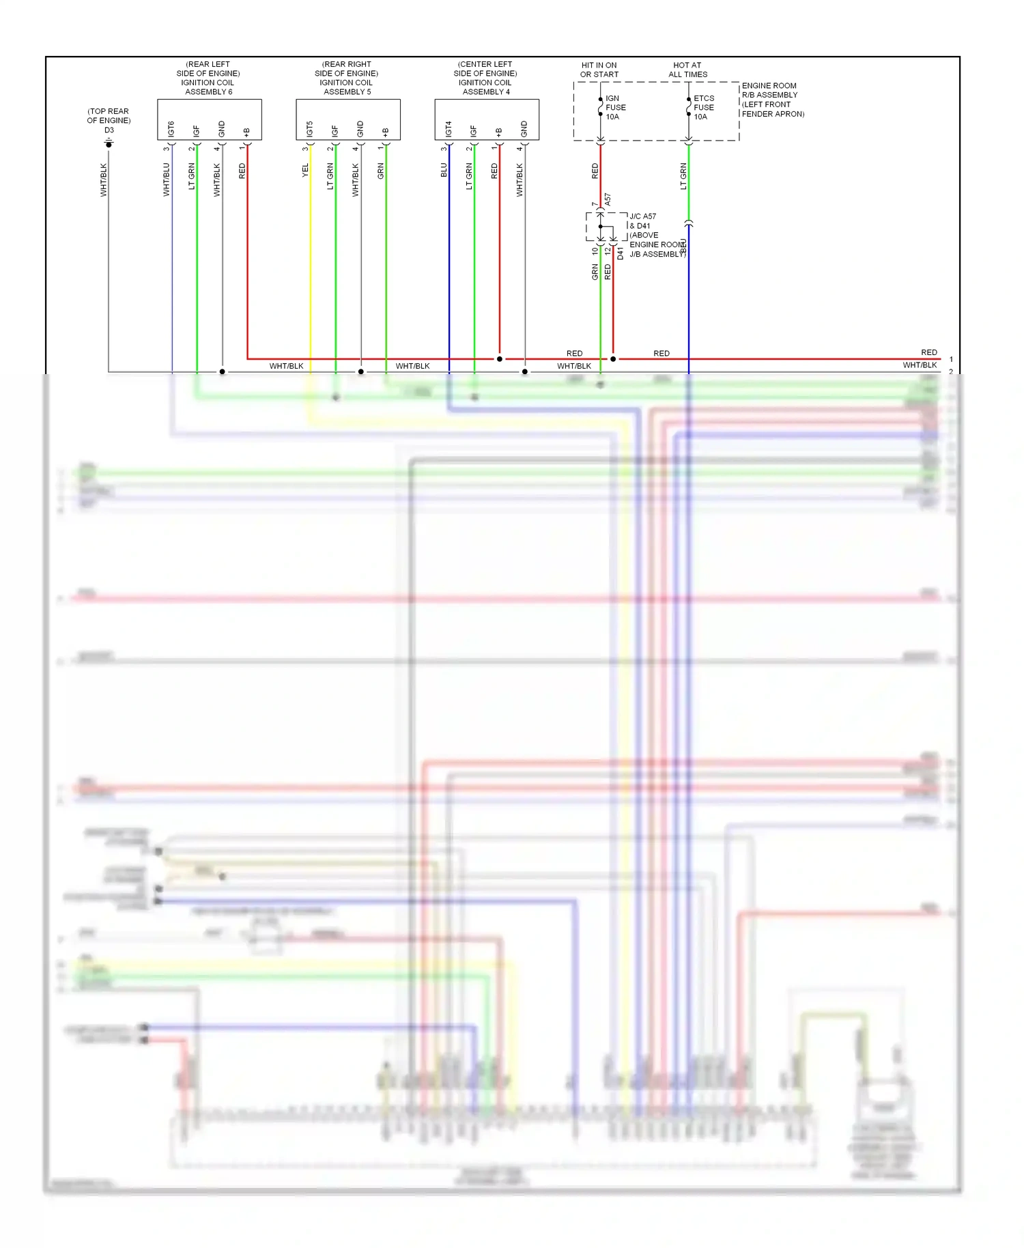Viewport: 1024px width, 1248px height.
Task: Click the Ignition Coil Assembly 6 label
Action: click(x=208, y=78)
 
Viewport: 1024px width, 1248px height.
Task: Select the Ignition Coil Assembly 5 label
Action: click(x=347, y=78)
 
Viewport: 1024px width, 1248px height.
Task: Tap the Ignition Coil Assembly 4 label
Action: click(x=485, y=78)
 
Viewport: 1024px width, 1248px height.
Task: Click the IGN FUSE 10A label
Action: click(x=615, y=108)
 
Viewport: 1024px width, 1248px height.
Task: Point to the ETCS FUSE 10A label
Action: click(x=703, y=108)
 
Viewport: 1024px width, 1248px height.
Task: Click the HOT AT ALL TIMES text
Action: click(x=687, y=70)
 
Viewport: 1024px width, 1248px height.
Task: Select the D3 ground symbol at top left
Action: click(x=109, y=143)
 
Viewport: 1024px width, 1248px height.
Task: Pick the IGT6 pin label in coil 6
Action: click(x=171, y=129)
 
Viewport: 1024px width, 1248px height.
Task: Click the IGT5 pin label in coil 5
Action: click(x=310, y=129)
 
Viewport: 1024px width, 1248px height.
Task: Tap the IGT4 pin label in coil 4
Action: click(x=449, y=129)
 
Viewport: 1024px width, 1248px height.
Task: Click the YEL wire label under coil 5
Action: click(x=305, y=171)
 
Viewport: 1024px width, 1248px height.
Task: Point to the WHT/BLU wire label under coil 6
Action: click(x=167, y=180)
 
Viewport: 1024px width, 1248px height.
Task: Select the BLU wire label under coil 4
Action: click(x=444, y=171)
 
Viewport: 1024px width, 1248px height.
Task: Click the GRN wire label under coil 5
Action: click(x=381, y=171)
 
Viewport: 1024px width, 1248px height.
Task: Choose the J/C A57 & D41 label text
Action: click(x=642, y=221)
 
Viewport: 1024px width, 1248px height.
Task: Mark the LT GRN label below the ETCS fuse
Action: click(x=683, y=176)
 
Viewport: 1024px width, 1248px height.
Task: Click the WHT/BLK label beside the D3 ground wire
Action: click(x=104, y=180)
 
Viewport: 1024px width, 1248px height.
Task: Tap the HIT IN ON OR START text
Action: click(x=599, y=70)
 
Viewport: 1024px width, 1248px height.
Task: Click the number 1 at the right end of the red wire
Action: click(x=951, y=359)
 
